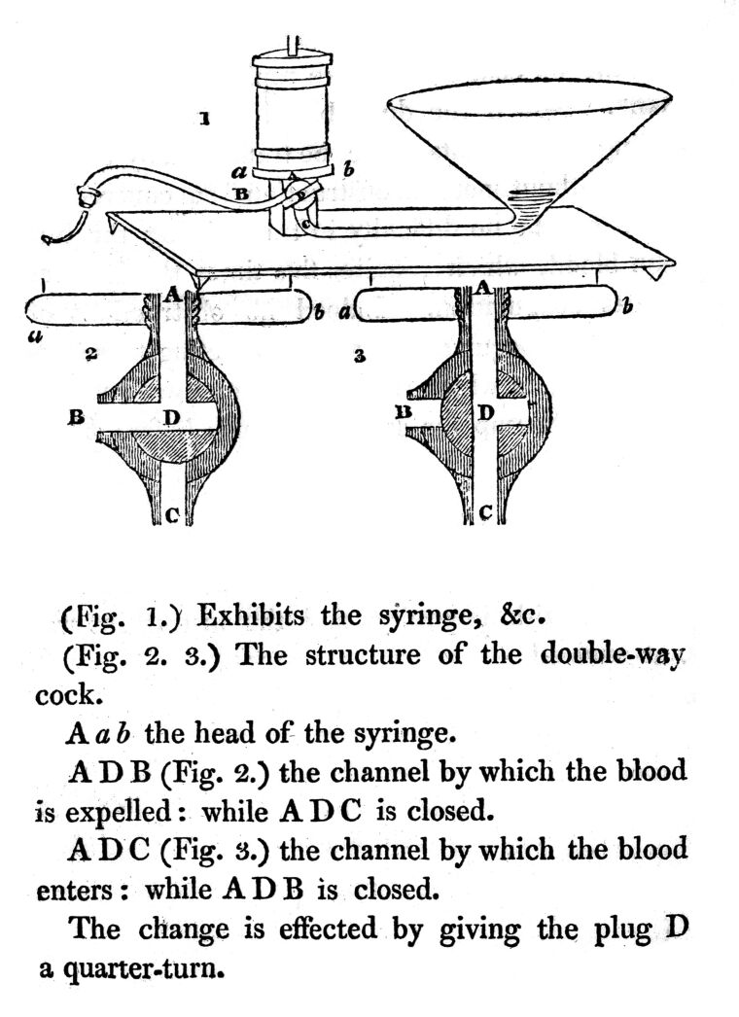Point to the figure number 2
point(88,356)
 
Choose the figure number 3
point(360,357)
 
